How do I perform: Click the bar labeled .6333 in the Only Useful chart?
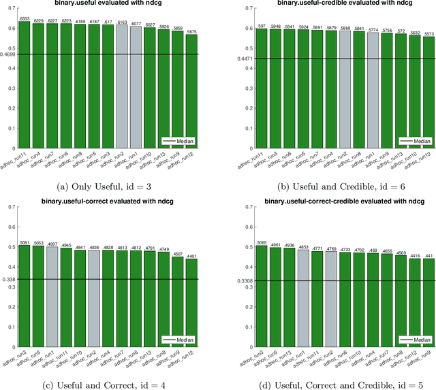click(x=24, y=84)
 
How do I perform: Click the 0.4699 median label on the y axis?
click(x=8, y=54)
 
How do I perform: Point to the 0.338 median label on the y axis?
click(x=10, y=279)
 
